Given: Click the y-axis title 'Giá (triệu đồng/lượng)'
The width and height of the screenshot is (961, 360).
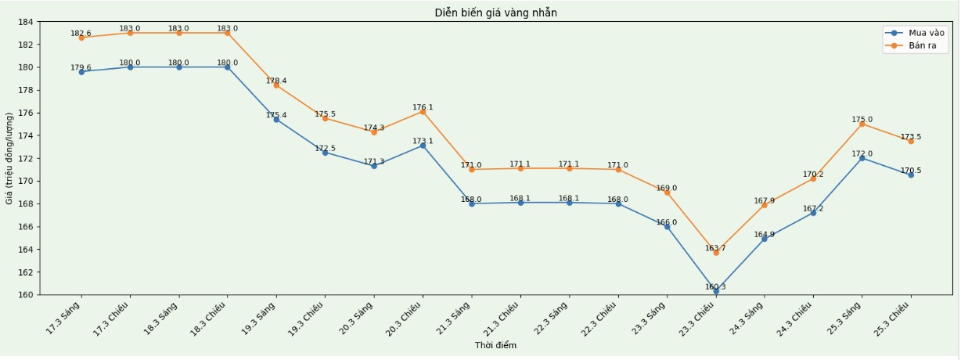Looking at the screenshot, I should pos(9,159).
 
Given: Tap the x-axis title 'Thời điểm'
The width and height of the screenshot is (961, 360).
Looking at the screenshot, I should pos(495,345).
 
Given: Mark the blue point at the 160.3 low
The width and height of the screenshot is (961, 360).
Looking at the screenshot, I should pos(715,291).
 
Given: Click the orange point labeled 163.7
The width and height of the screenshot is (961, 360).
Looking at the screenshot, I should pos(715,253).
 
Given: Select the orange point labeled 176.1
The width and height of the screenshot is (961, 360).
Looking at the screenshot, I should pos(423,112).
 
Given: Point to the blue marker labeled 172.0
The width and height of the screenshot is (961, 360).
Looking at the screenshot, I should pos(862,158).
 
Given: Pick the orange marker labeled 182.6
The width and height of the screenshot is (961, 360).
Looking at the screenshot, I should pos(81,38).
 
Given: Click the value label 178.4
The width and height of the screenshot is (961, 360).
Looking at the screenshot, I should pos(276,81).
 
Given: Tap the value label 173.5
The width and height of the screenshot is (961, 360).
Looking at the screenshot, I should pos(910,137).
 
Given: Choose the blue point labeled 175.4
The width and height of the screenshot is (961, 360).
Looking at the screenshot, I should pos(276,120).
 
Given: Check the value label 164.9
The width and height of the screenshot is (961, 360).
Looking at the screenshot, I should pos(764,234).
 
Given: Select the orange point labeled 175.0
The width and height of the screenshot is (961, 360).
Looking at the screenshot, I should pos(862,124).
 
